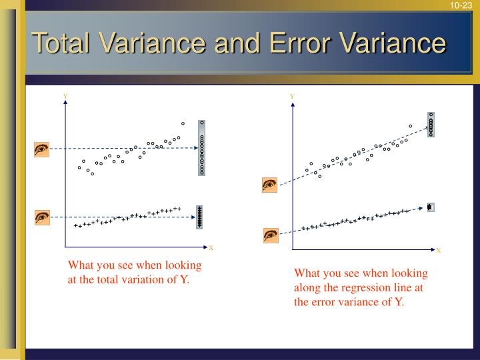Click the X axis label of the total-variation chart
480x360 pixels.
(x=211, y=248)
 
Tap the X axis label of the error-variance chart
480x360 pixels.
(x=438, y=251)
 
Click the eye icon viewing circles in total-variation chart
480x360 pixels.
(x=42, y=149)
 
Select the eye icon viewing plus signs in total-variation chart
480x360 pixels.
(x=42, y=217)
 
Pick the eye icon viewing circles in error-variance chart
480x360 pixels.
(x=270, y=185)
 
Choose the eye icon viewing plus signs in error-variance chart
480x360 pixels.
(x=271, y=235)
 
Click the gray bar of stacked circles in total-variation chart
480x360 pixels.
(x=202, y=148)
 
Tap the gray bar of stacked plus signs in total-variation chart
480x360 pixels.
(x=199, y=217)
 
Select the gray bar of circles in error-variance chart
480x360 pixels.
(x=431, y=124)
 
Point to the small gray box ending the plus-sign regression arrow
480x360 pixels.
(x=430, y=207)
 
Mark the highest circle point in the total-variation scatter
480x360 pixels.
(x=183, y=123)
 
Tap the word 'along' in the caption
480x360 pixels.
(x=308, y=287)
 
